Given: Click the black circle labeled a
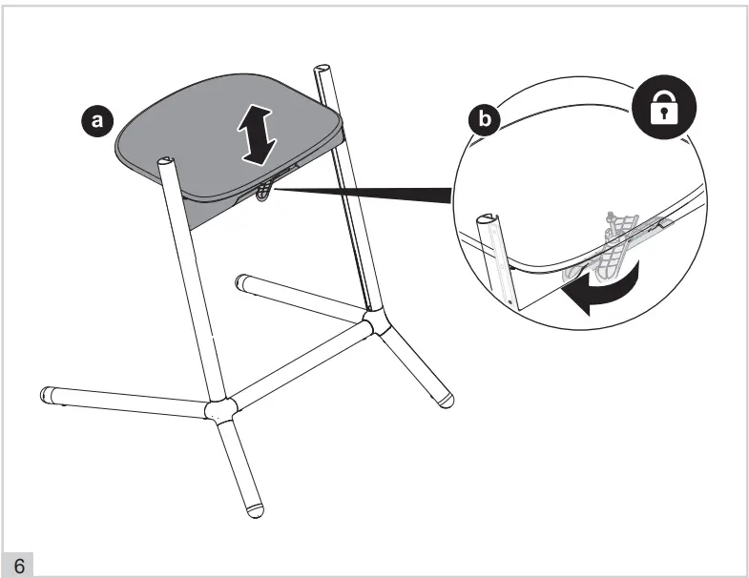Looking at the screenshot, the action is [97, 120].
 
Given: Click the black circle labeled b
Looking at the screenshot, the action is [485, 118].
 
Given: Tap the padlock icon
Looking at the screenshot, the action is [664, 108].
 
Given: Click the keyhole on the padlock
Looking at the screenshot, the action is [664, 113].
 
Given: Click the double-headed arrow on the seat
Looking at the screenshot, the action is [257, 135].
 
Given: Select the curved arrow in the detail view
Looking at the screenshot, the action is [603, 290].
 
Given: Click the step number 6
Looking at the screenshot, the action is [19, 566].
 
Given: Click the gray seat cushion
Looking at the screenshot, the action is [230, 138].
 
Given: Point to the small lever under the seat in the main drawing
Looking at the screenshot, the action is [262, 192].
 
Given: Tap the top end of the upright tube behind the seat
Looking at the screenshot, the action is [322, 69].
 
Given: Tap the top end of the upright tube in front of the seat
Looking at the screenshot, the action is [166, 161].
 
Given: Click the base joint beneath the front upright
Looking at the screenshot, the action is [220, 410].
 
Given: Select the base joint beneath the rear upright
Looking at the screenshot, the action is [377, 320].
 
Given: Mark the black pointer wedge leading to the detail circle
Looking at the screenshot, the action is [363, 194].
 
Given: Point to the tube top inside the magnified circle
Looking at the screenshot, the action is [489, 219].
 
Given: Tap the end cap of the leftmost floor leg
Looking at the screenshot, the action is [48, 395].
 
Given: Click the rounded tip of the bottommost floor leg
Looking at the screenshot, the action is [255, 509].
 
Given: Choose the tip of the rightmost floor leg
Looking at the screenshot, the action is [446, 400].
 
